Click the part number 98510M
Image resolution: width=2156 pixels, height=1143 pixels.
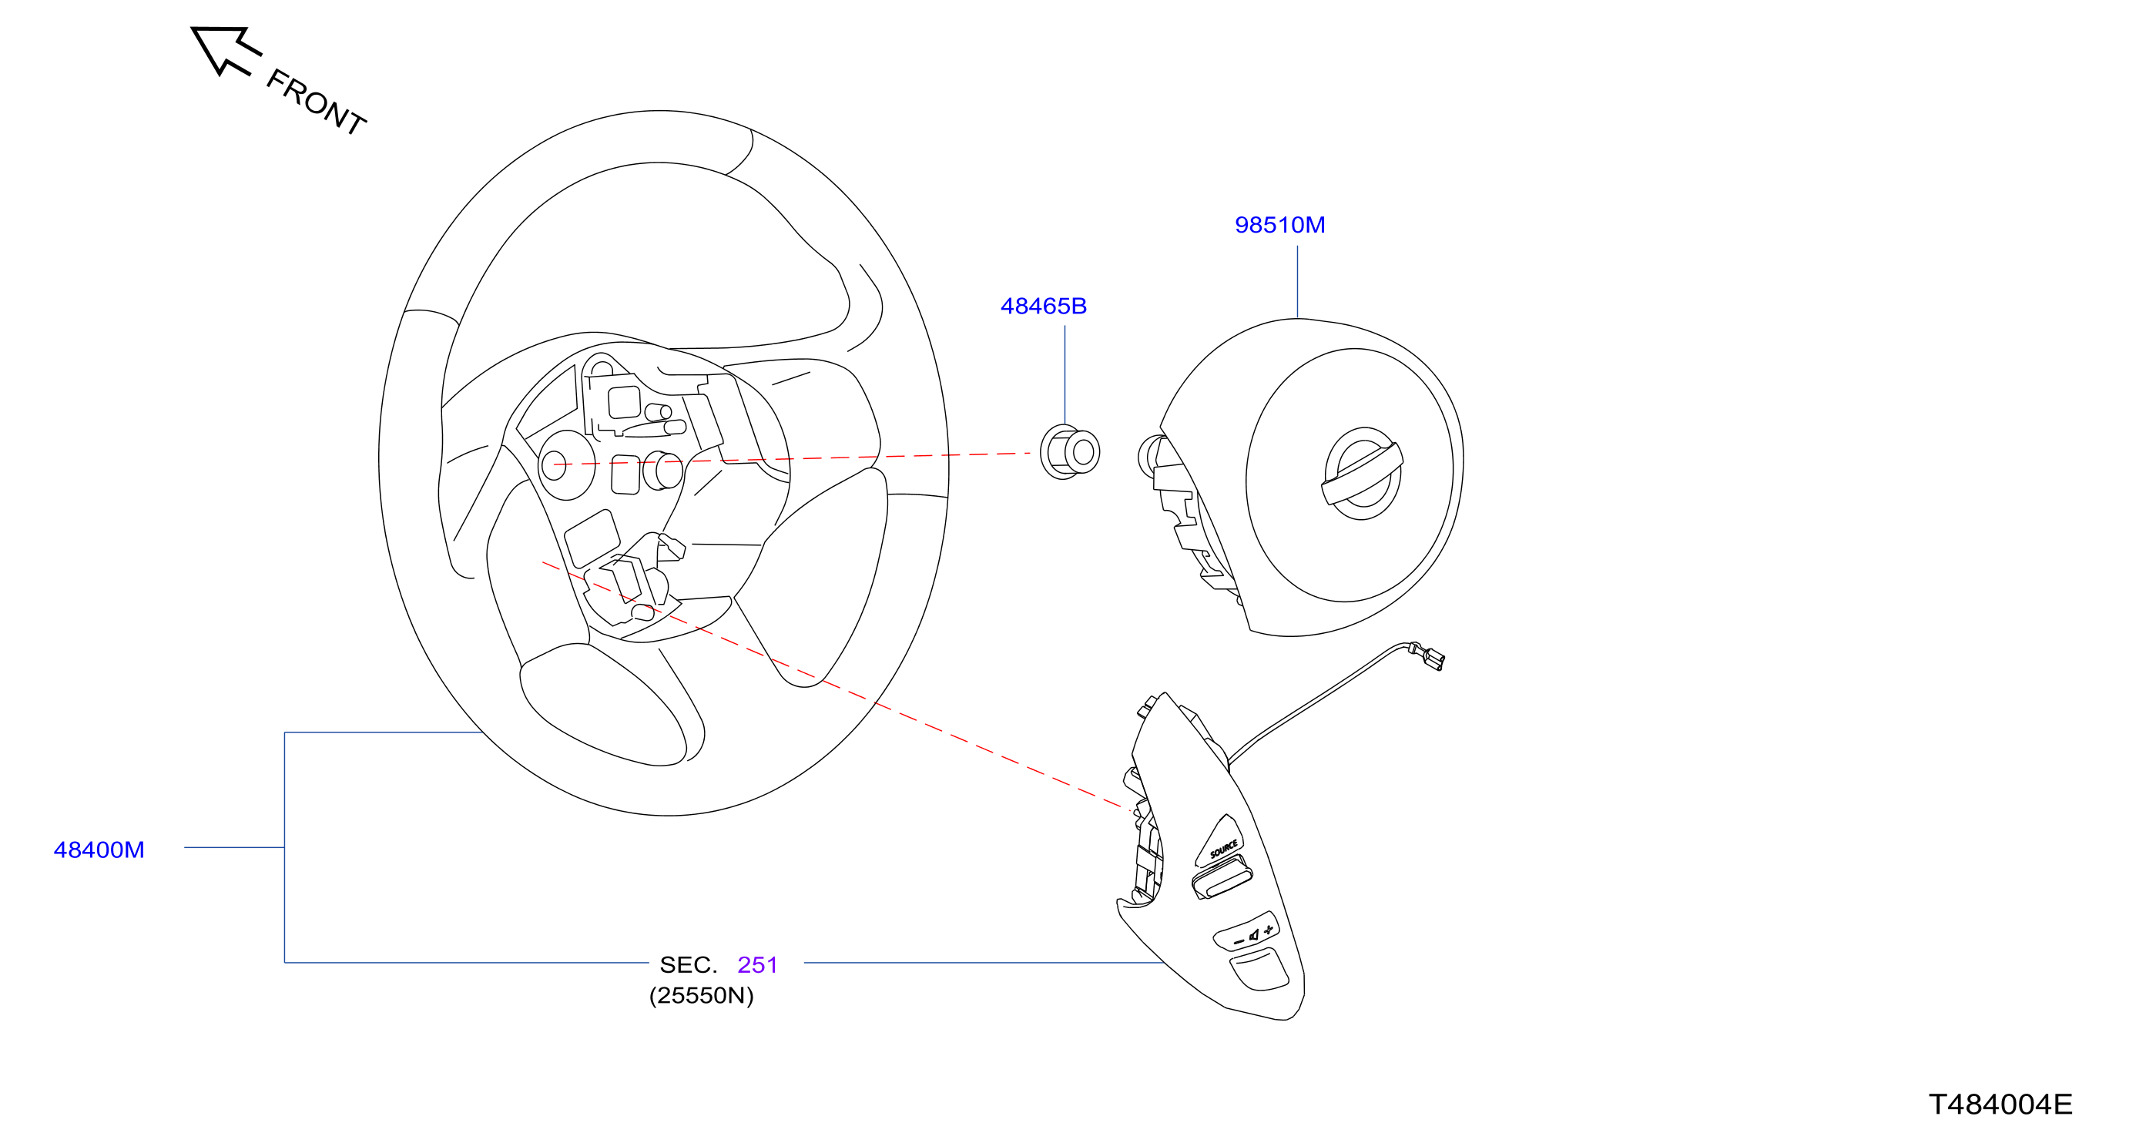click(x=1279, y=225)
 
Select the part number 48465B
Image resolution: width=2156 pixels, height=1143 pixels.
click(x=1044, y=307)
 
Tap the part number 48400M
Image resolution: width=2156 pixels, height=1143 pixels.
click(x=99, y=850)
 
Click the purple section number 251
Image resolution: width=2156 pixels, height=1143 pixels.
click(x=757, y=965)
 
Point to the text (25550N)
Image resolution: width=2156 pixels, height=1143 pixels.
click(x=702, y=996)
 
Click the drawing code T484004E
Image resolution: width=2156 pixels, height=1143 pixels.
click(x=2000, y=1104)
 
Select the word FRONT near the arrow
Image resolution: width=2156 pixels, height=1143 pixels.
click(x=317, y=102)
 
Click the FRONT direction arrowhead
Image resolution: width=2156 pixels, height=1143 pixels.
click(x=220, y=48)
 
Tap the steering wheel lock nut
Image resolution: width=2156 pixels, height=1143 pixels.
click(x=1070, y=452)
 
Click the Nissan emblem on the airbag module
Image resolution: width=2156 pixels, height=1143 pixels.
click(x=1363, y=474)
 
